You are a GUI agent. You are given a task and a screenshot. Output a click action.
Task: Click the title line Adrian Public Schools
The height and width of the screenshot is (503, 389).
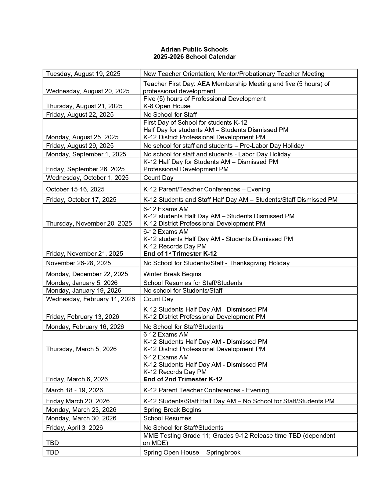click(x=194, y=49)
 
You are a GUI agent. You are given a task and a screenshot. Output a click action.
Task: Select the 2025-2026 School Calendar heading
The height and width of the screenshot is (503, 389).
click(x=194, y=57)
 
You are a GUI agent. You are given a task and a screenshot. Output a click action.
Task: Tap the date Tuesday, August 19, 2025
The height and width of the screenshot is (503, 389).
click(x=83, y=74)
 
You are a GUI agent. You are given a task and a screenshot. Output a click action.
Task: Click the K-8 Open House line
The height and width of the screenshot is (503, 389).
click(x=167, y=106)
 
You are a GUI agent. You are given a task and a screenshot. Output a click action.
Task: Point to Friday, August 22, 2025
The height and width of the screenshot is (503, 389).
click(x=80, y=115)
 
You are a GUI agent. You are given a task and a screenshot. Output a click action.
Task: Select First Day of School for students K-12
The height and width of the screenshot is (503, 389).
click(x=195, y=123)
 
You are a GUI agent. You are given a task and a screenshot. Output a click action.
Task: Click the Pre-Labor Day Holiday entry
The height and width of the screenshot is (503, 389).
click(x=223, y=146)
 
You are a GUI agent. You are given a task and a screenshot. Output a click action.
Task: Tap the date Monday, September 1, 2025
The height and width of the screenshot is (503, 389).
click(x=86, y=154)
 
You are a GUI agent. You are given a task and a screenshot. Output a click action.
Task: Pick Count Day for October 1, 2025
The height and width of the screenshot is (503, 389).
click(x=158, y=178)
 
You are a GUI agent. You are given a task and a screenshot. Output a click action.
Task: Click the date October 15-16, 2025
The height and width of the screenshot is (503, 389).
click(x=75, y=189)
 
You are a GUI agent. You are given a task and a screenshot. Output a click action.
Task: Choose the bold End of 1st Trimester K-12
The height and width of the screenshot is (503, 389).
click(x=180, y=254)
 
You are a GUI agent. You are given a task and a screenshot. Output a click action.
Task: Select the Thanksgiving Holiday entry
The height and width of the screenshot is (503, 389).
click(x=216, y=263)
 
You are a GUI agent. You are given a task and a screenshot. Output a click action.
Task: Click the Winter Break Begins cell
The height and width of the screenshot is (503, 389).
click(x=172, y=274)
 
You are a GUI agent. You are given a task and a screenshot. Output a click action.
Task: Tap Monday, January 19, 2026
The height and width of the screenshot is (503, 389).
click(x=84, y=291)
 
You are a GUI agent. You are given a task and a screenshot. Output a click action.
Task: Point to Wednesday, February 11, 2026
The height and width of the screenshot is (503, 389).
click(x=90, y=299)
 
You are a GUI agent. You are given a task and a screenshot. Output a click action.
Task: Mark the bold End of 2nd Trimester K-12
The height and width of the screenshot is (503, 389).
click(x=183, y=379)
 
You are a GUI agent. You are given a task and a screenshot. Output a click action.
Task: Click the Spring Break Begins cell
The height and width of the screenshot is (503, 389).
click(x=172, y=410)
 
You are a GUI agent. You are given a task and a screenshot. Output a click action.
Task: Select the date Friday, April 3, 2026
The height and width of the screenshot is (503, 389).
click(x=74, y=428)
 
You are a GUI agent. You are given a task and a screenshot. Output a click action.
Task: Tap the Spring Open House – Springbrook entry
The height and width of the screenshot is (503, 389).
click(x=192, y=452)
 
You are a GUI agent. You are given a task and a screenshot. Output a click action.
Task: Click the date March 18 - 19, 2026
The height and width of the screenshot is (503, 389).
click(x=74, y=390)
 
